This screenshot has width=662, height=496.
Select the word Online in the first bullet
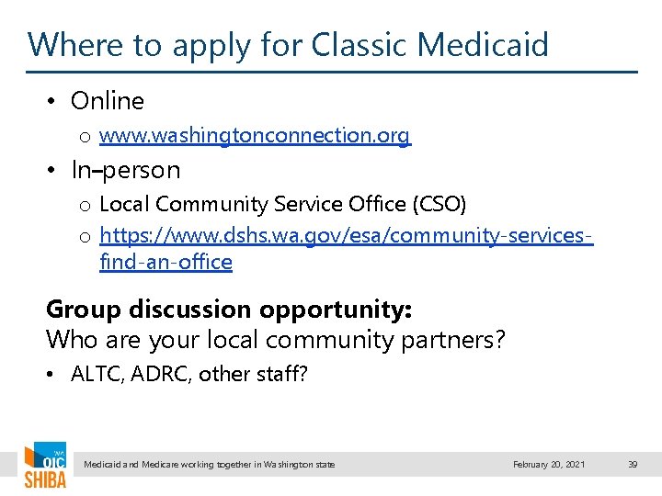(108, 101)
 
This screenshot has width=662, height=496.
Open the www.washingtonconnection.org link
(255, 136)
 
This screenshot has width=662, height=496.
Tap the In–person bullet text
(126, 170)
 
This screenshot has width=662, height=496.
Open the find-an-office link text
(165, 262)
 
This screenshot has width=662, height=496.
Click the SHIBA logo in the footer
(45, 466)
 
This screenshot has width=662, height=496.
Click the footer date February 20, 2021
(549, 465)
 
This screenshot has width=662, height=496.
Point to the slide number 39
(633, 465)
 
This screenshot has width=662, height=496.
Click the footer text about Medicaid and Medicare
(210, 465)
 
